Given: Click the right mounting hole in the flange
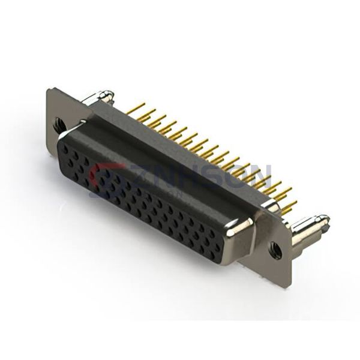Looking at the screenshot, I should (x=277, y=247).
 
